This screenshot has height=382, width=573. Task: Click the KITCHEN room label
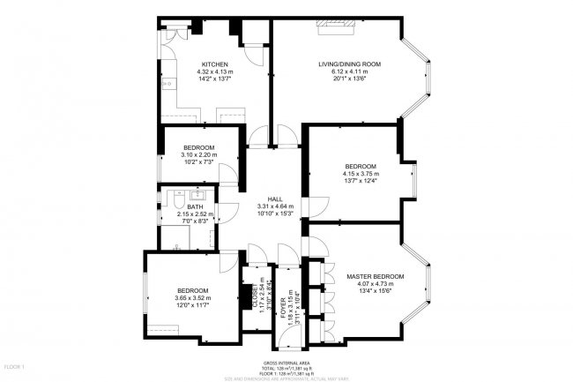[x=215, y=64]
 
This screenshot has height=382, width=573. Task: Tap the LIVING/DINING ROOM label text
[x=349, y=64]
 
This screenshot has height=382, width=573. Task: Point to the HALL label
[x=275, y=198]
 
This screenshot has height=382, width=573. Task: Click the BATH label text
[x=195, y=206]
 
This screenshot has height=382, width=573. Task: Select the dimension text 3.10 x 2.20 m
[x=199, y=154]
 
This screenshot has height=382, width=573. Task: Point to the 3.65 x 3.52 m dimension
[x=192, y=298]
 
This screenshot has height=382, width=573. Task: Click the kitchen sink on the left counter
[x=165, y=84]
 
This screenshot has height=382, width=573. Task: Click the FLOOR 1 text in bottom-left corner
[x=14, y=365]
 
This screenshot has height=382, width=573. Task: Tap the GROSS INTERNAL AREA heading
[x=286, y=363]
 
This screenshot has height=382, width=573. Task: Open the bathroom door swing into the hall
[x=227, y=211]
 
